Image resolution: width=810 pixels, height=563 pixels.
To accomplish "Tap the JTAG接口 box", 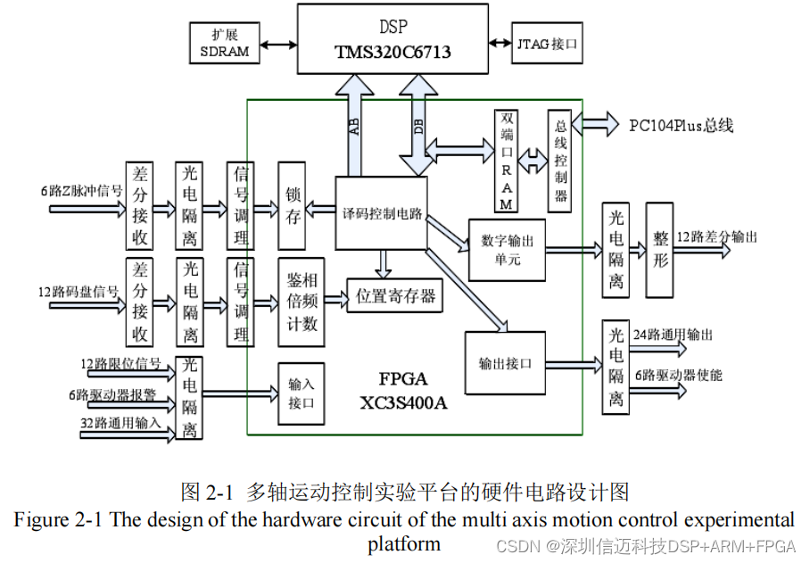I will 546,42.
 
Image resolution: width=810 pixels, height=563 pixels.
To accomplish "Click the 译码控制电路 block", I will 381,214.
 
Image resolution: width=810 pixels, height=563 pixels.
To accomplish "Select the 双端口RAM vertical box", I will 507,161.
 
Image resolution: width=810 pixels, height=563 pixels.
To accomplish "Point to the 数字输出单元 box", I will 506,250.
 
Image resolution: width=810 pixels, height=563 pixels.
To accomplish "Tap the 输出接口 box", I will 505,364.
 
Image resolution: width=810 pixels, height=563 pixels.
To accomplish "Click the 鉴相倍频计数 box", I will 301,302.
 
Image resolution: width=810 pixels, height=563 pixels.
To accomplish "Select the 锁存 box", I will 292,206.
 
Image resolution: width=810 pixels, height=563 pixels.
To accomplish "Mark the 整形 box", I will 660,249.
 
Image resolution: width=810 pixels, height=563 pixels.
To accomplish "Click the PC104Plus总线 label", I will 681,125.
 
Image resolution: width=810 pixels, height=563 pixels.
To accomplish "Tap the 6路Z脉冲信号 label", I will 80,190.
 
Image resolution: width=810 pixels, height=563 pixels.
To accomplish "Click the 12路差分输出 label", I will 718,237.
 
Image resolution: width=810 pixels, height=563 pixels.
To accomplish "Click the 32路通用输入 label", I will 121,423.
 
